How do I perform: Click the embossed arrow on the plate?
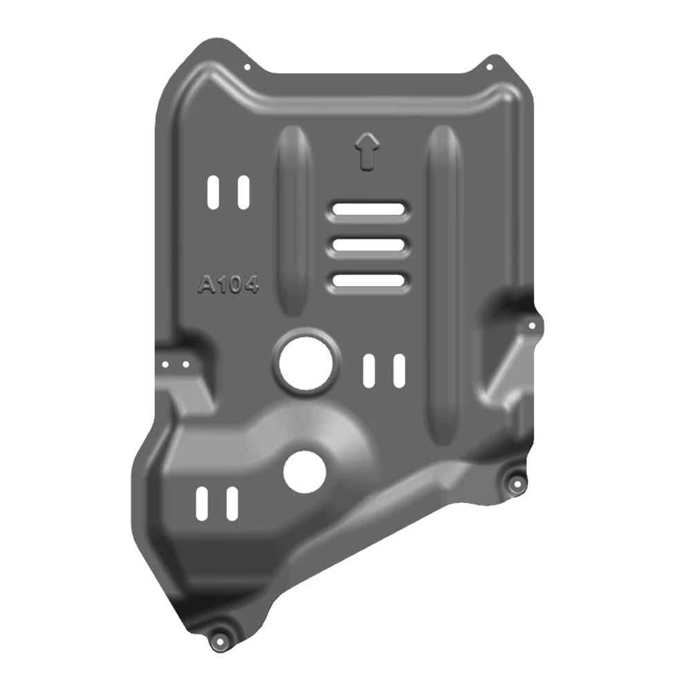coord(367,150)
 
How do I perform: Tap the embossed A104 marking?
coord(228,284)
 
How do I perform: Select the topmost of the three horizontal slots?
coord(368,209)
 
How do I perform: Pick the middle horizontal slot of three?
coord(368,245)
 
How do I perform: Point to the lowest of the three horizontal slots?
coord(368,280)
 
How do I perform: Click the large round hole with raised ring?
coord(305,361)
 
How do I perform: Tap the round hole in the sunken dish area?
coord(304,472)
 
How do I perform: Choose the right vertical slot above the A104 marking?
coord(243,191)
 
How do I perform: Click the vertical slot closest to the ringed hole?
coord(370,369)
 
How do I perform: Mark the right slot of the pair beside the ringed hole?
coord(399,369)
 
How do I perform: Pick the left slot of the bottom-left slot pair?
coord(202,503)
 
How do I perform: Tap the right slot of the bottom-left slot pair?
coord(232,503)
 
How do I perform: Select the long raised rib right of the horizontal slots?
coord(442,283)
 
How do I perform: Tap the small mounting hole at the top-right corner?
coord(489,68)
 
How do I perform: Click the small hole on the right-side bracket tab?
coord(532,325)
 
